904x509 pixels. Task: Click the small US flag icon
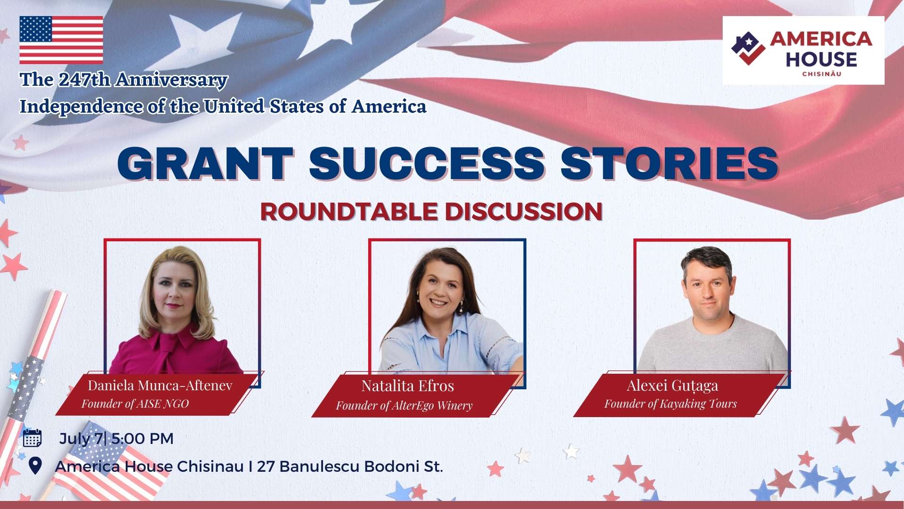pyautogui.click(x=61, y=40)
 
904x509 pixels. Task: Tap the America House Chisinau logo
pyautogui.click(x=803, y=50)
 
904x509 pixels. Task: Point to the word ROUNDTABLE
pyautogui.click(x=349, y=211)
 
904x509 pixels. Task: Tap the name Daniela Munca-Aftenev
pyautogui.click(x=160, y=386)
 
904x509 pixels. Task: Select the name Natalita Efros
pyautogui.click(x=408, y=386)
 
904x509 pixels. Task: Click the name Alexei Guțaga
pyautogui.click(x=672, y=386)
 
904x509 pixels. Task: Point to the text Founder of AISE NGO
pyautogui.click(x=135, y=404)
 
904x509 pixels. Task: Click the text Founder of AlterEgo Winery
pyautogui.click(x=404, y=406)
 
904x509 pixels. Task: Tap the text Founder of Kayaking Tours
pyautogui.click(x=670, y=404)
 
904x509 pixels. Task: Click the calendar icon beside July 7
pyautogui.click(x=32, y=438)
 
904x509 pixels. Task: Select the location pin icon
pyautogui.click(x=35, y=466)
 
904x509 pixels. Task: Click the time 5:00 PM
pyautogui.click(x=143, y=439)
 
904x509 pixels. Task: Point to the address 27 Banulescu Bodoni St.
pyautogui.click(x=350, y=467)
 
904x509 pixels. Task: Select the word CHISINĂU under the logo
pyautogui.click(x=822, y=74)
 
